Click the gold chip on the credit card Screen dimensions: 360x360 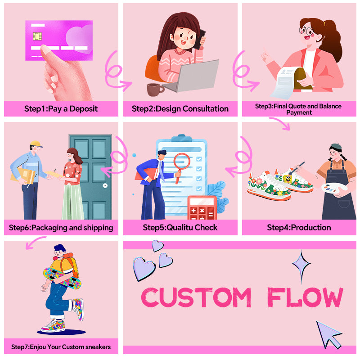(x=37, y=36)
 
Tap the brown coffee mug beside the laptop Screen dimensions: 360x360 (x=155, y=90)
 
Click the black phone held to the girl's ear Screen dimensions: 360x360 (x=199, y=39)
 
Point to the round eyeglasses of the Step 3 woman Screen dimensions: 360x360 (x=307, y=31)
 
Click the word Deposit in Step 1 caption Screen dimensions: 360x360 (x=84, y=108)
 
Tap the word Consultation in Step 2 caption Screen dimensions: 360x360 (x=206, y=108)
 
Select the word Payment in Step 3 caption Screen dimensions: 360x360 (x=299, y=112)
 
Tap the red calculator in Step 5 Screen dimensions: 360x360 (x=202, y=208)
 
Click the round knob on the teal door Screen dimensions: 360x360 (x=105, y=185)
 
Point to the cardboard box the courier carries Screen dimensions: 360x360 (x=22, y=175)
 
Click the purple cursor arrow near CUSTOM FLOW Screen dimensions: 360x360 (x=328, y=334)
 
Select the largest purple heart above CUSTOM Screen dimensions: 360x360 (x=144, y=269)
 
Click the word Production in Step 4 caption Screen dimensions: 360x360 (x=311, y=228)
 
